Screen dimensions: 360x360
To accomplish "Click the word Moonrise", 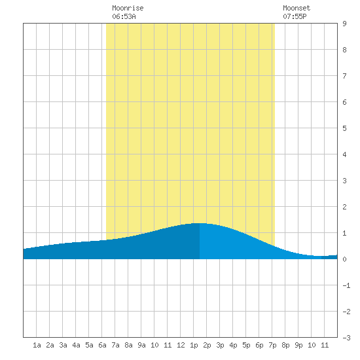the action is coord(128,8).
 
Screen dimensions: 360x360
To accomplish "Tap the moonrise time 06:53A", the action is coord(124,16).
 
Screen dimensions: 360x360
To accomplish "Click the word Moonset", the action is coord(297,8).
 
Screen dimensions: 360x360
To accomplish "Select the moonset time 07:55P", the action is coord(295,16).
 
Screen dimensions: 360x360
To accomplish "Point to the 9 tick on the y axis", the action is coord(344,24).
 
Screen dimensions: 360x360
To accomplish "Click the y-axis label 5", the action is coord(344,128).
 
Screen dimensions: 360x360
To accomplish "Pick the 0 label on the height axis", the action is coord(344,259).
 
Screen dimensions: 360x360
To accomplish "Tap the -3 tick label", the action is coord(346,338).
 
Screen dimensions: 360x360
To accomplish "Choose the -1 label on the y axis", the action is coord(346,285).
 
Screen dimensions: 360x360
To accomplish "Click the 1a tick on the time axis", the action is coord(37,345).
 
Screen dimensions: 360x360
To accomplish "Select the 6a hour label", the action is coord(102,345).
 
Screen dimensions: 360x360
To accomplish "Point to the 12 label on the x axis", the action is coord(181,345).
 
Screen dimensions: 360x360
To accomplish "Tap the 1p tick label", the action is coord(194,345).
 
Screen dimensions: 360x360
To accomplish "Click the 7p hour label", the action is coord(272,345).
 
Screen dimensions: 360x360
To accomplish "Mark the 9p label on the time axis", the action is coord(298,345).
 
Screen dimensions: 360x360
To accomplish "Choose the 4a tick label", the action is coord(76,345).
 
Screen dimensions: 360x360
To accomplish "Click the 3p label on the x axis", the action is coord(220,345).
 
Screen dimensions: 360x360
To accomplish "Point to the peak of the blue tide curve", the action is coord(199,223).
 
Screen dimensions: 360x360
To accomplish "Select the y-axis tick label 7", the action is coord(344,76).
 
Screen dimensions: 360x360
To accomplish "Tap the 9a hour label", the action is coord(141,345).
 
